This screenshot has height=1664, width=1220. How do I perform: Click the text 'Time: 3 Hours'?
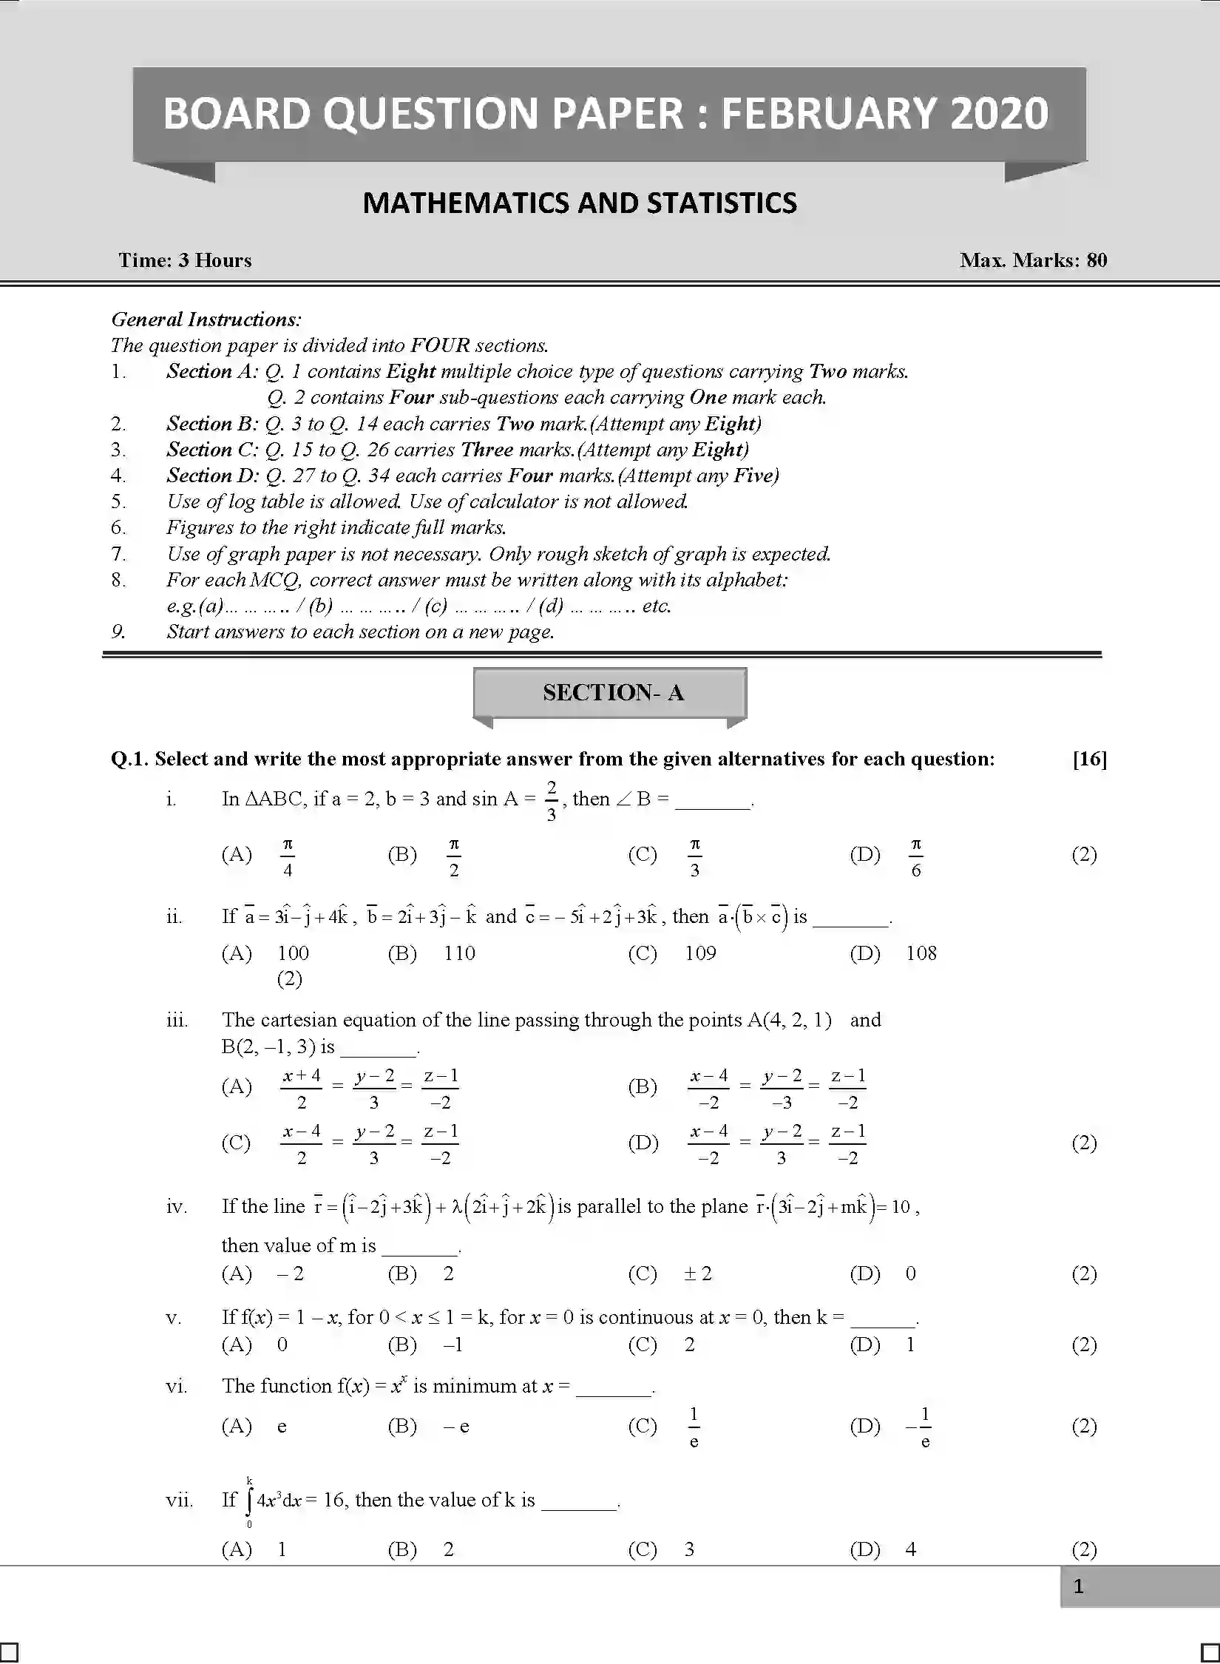coord(185,260)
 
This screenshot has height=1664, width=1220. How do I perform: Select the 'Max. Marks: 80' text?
coord(1033,260)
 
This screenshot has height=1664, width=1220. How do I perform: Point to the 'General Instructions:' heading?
coord(206,319)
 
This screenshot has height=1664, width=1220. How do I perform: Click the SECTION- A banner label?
coord(613,692)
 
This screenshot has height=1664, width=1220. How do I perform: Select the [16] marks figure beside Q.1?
coord(1089,759)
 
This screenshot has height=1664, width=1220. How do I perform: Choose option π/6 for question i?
coord(915,856)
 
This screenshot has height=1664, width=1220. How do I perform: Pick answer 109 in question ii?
coord(700,953)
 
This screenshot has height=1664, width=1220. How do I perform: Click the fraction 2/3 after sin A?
coord(552,801)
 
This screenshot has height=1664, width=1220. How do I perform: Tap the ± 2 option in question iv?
coord(697,1274)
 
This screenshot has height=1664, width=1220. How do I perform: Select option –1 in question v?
coord(453,1345)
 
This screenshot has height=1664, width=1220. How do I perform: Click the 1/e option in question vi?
coord(694,1427)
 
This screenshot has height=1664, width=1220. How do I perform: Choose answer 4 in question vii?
coord(910,1549)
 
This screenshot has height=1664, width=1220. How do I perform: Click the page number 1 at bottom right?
coord(1078,1586)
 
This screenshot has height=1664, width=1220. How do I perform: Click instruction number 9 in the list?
coord(118,632)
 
